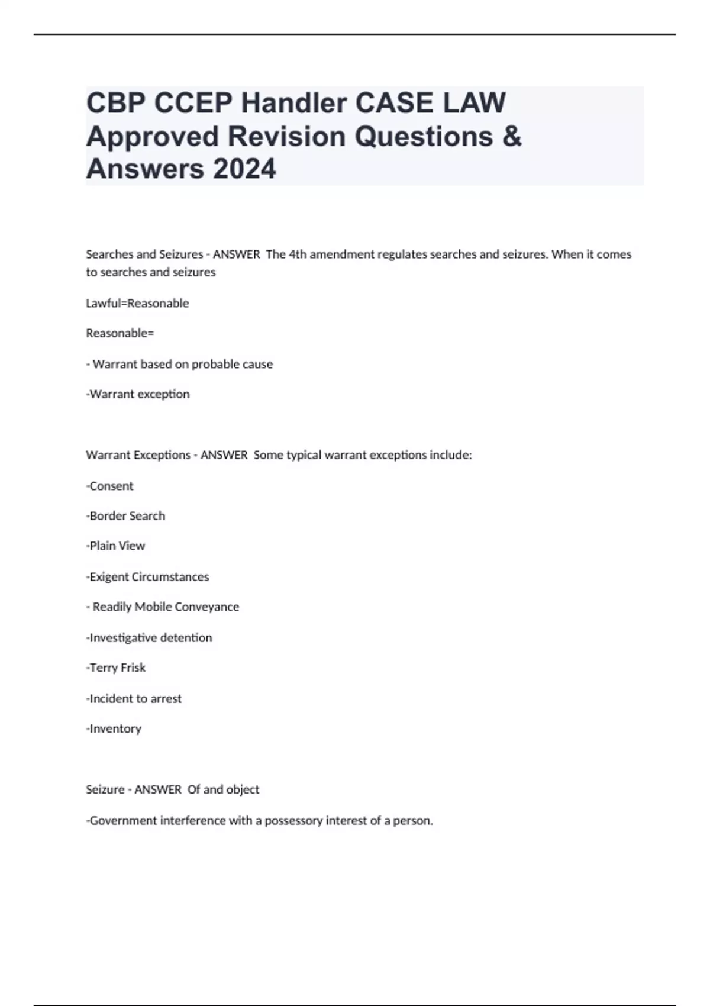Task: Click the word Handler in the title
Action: click(x=293, y=103)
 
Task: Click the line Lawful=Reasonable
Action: click(x=137, y=303)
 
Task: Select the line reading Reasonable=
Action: click(x=120, y=333)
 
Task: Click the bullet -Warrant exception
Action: click(x=138, y=394)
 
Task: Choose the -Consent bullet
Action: click(x=110, y=486)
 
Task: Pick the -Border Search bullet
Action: click(x=125, y=516)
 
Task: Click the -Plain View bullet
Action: click(x=115, y=546)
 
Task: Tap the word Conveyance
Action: click(x=207, y=607)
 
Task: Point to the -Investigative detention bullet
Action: click(x=149, y=637)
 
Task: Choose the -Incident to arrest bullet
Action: click(x=134, y=698)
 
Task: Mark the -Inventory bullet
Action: click(x=114, y=728)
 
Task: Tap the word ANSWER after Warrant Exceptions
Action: click(x=224, y=455)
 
